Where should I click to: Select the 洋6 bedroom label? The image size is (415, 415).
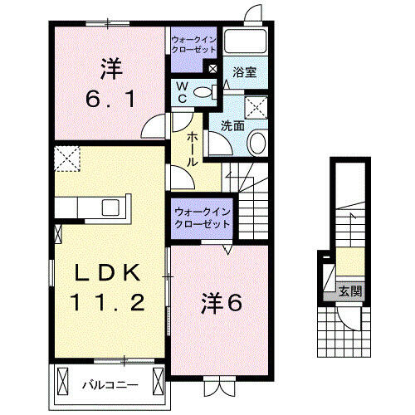pos(221,304)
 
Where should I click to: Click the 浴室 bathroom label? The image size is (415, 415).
pos(244,72)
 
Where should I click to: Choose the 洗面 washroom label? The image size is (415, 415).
pos(232,126)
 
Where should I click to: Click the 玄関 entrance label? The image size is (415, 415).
pos(349,291)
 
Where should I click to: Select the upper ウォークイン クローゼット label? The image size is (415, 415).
pos(193,44)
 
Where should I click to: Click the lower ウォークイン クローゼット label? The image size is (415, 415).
pos(203,217)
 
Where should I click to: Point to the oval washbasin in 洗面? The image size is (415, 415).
pos(256,143)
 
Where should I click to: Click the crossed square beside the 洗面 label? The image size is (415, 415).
pos(257,105)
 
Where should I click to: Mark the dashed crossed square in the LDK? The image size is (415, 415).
pos(66,158)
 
